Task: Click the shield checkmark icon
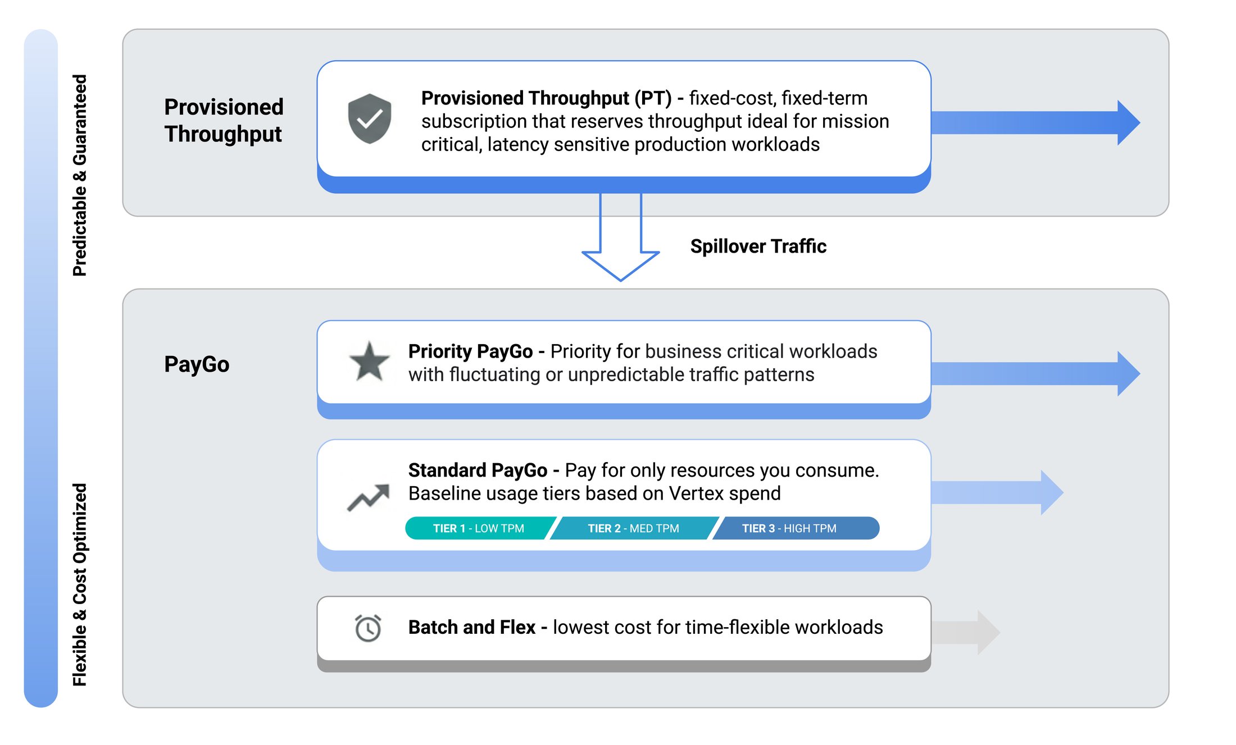click(x=369, y=118)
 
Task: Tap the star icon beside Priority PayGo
click(x=369, y=362)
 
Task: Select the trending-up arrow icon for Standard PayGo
click(x=369, y=497)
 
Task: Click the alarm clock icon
click(x=368, y=628)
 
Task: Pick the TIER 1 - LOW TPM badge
click(x=479, y=528)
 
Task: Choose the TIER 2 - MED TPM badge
click(x=633, y=528)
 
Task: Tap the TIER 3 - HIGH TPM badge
click(x=789, y=528)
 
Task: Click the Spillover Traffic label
click(x=758, y=246)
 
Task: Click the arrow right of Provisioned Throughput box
click(x=1034, y=122)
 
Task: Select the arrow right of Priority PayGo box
click(x=1034, y=373)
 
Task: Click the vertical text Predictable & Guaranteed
click(x=80, y=175)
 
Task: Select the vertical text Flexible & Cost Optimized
click(x=80, y=584)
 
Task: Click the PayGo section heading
click(x=197, y=364)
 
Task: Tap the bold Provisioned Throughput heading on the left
click(x=224, y=120)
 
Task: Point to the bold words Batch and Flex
click(x=471, y=627)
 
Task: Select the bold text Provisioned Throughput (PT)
click(x=546, y=98)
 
